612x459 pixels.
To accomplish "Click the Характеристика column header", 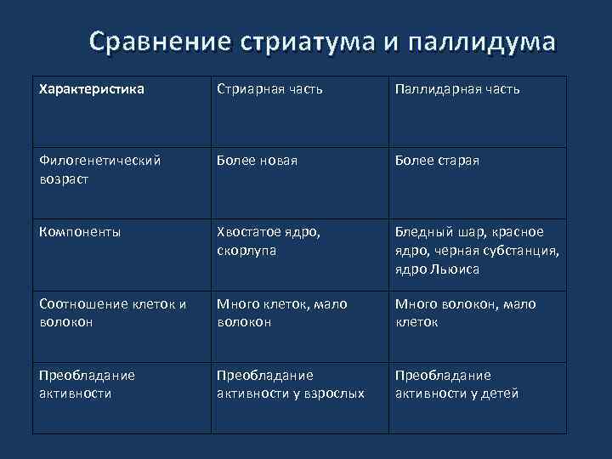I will [92, 88].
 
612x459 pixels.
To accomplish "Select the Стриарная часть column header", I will [269, 88].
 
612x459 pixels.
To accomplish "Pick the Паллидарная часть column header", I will [457, 88].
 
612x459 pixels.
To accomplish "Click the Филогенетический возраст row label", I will [100, 170].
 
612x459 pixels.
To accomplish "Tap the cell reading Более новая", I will [257, 161].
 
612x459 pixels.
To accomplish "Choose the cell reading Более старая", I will [437, 161].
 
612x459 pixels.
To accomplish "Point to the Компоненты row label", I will [80, 231].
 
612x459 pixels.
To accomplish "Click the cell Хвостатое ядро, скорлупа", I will [269, 241].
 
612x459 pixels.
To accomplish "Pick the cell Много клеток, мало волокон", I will [281, 313].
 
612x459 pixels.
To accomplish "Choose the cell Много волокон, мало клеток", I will [466, 313].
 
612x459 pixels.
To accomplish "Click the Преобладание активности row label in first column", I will [87, 384].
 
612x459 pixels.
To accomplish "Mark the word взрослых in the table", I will [336, 394].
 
